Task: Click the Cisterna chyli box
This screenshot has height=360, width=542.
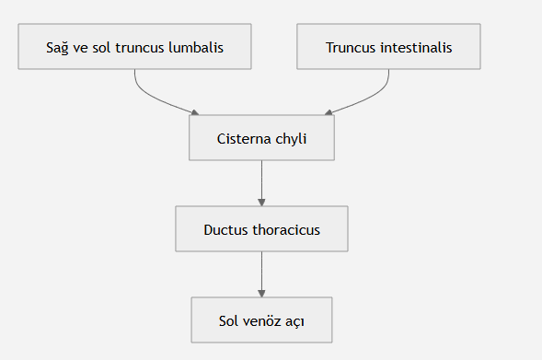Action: (x=261, y=137)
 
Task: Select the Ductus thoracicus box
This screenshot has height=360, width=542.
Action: (x=261, y=229)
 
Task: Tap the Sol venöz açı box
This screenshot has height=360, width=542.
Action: (x=261, y=319)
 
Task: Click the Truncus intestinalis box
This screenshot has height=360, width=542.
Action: (x=388, y=47)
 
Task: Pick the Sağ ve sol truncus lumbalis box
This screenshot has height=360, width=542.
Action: (x=134, y=47)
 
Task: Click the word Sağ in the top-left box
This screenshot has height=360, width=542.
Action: (x=57, y=48)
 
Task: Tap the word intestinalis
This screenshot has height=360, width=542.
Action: (x=416, y=47)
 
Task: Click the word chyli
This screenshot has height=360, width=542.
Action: (x=291, y=139)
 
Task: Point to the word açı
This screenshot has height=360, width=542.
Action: (x=294, y=322)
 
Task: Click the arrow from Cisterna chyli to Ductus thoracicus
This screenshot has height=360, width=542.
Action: (x=261, y=183)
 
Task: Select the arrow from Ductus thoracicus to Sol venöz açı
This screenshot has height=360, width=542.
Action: (x=261, y=274)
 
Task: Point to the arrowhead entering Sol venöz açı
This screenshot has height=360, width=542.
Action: (x=261, y=294)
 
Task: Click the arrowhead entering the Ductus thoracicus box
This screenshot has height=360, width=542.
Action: (x=261, y=203)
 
